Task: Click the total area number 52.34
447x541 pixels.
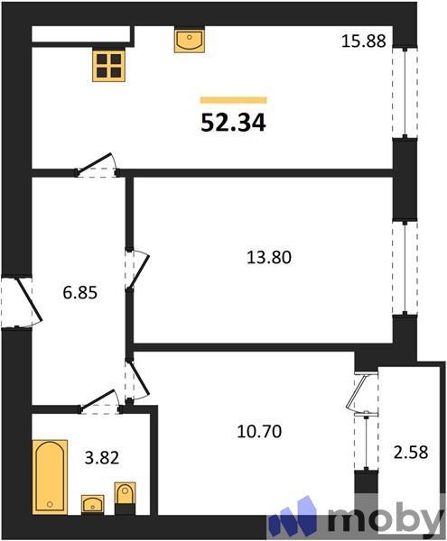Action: tap(233, 122)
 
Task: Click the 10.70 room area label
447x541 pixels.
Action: tap(258, 432)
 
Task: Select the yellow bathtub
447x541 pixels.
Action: tap(50, 476)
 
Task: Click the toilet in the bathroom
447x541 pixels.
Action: tap(125, 496)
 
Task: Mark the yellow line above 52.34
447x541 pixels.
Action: tap(233, 100)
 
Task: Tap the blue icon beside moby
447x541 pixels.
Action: tap(298, 518)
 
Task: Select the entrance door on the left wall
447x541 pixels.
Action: tap(20, 304)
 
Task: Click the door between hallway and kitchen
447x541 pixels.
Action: tap(98, 165)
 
